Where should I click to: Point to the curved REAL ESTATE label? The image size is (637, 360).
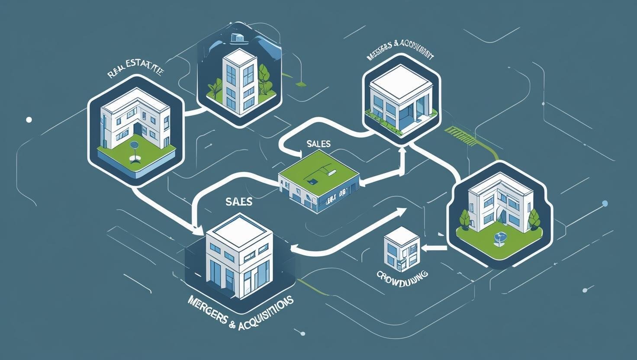[x=135, y=71]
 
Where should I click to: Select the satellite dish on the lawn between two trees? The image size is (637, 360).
[x=499, y=238]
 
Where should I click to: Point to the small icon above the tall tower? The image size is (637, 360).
[x=236, y=38]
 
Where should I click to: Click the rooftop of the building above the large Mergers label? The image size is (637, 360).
[x=239, y=230]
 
